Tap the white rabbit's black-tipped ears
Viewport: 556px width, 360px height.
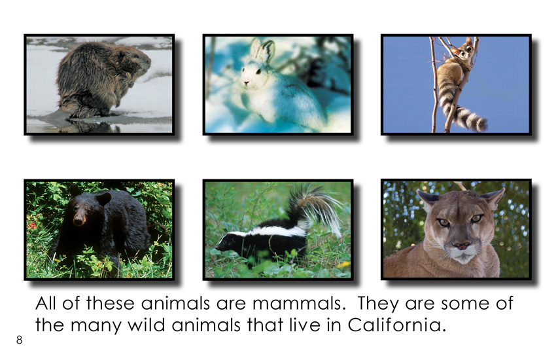[262, 51]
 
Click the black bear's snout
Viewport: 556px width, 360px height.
[79, 218]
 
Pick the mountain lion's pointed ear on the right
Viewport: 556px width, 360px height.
[493, 198]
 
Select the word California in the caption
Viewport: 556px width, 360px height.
[396, 325]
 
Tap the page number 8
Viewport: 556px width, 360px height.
[19, 340]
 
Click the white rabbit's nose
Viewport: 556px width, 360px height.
[246, 83]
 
